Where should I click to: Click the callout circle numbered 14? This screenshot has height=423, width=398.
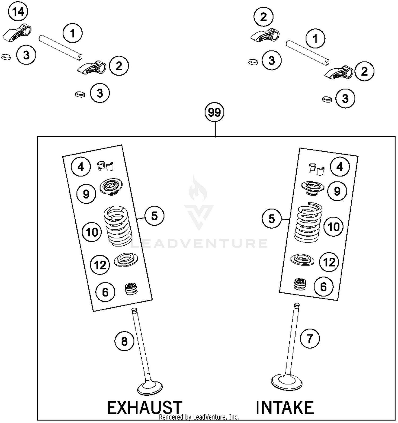[x=18, y=12]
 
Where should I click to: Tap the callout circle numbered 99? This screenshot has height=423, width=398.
[x=214, y=112]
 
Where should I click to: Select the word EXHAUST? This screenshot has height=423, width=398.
[x=145, y=408]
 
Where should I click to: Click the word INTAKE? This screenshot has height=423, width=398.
[x=284, y=408]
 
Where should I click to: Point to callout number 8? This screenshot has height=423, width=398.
[x=124, y=341]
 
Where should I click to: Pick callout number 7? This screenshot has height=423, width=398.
[x=310, y=338]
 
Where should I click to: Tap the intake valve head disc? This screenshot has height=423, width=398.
[x=287, y=382]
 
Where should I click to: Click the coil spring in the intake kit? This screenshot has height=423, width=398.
[x=309, y=222]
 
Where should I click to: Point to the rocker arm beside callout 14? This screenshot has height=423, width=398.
[x=17, y=33]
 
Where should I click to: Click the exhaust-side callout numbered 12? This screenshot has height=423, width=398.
[x=100, y=265]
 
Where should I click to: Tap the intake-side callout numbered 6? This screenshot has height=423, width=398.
[x=323, y=287]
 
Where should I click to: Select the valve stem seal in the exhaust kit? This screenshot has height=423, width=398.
[x=131, y=289]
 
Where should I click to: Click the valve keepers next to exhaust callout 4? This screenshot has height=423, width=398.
[x=105, y=166]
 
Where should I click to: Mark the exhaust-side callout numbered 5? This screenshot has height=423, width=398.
[x=154, y=216]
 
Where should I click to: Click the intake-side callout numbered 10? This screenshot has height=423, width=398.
[x=334, y=227]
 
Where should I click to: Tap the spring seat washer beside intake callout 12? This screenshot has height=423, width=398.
[x=302, y=259]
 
